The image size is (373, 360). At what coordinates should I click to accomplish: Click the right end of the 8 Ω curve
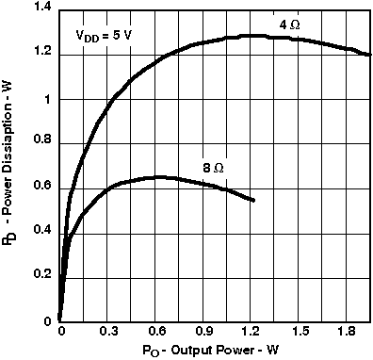254,201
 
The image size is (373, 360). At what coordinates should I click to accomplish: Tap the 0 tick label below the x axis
61,332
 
